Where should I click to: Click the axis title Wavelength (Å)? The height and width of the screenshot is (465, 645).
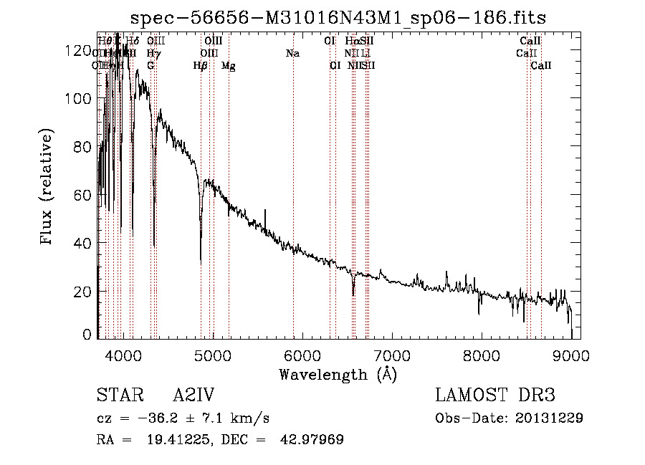pos(338,374)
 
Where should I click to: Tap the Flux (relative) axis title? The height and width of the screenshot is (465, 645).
pos(48,188)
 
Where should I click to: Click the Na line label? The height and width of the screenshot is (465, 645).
pos(292,54)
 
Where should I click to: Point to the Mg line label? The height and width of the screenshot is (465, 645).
pos(229,66)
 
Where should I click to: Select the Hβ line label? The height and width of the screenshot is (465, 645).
pos(201,66)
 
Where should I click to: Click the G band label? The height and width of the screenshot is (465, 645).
pos(150,66)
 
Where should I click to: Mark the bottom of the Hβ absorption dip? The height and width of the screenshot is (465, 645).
pos(201,261)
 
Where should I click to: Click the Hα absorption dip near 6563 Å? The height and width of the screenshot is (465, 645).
pos(353,293)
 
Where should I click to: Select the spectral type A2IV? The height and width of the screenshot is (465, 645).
pos(194,396)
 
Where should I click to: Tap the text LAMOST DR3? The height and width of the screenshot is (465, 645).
pos(495,396)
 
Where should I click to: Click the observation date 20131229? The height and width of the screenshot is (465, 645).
pos(550,418)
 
